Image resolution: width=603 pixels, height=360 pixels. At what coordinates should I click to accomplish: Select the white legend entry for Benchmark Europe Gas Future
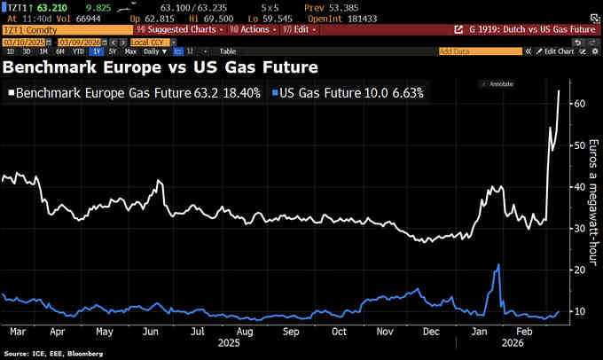[133, 91]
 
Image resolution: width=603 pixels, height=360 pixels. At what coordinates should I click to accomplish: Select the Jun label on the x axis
[150, 332]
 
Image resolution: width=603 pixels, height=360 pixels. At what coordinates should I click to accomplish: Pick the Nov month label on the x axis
[385, 332]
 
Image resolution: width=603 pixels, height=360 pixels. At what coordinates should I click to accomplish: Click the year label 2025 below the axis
[230, 341]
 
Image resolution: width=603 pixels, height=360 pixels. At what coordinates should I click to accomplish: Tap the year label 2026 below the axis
[511, 341]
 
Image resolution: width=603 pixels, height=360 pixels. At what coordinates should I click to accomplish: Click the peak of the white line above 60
[559, 90]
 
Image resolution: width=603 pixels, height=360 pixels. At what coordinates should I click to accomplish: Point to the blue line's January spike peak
[500, 265]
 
